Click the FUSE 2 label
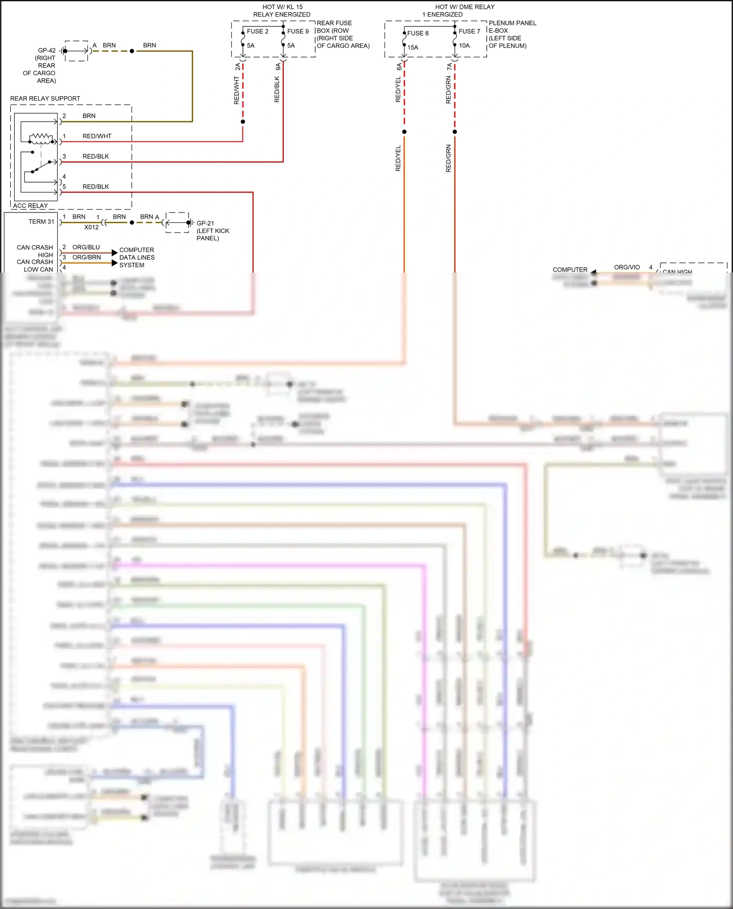point(258,31)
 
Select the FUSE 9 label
point(298,31)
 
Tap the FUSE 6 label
point(418,33)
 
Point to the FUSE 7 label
point(469,31)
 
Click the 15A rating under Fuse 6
point(413,47)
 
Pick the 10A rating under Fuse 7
point(464,45)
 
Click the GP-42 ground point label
point(46,50)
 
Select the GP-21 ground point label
point(205,223)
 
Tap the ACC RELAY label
point(30,206)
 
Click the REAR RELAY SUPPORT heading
point(45,99)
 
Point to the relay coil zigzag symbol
point(41,136)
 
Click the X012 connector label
point(91,227)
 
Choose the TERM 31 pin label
point(41,222)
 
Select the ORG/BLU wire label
point(86,247)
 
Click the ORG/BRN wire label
point(86,257)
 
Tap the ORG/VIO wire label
point(626,267)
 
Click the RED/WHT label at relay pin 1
point(97,136)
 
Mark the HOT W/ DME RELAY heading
point(465,7)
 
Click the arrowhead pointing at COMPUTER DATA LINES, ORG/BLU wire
point(114,253)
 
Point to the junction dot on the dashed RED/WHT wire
point(243,122)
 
